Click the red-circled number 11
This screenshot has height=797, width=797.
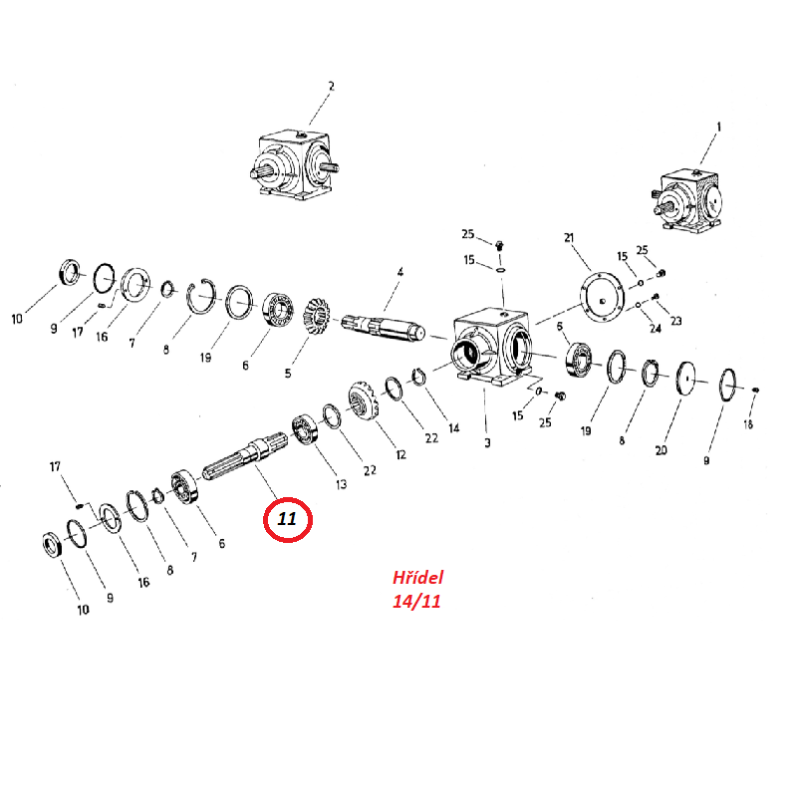coord(287,519)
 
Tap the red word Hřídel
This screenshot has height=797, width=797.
coord(417,577)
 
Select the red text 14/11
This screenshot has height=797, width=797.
coord(416,602)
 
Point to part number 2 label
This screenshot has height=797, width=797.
coord(332,86)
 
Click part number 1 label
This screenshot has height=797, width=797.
coord(718,127)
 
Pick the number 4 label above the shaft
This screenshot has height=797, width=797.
coord(400,272)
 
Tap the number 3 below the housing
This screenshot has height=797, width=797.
coord(487,442)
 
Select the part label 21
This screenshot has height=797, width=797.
coord(569,238)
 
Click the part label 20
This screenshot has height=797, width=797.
coord(661,450)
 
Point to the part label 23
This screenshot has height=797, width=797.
coord(675,321)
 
